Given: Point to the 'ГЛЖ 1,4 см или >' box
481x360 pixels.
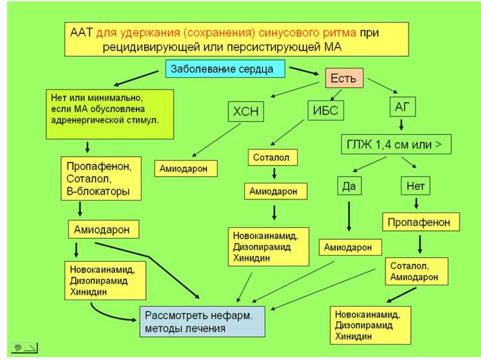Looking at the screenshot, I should pos(396,145).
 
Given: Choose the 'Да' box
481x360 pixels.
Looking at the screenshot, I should pos(349,186).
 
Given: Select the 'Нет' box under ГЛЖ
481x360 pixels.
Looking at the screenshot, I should pos(416,186).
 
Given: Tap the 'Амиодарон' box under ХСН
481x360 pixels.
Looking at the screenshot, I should pos(186,169).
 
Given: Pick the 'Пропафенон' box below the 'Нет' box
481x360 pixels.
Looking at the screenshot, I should pos(419,221).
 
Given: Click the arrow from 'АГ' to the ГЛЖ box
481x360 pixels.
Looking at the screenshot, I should pos(402,125).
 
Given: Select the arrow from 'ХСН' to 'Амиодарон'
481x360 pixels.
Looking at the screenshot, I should pos(217,139).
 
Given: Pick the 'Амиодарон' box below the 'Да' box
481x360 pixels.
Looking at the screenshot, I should pos(350,247).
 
